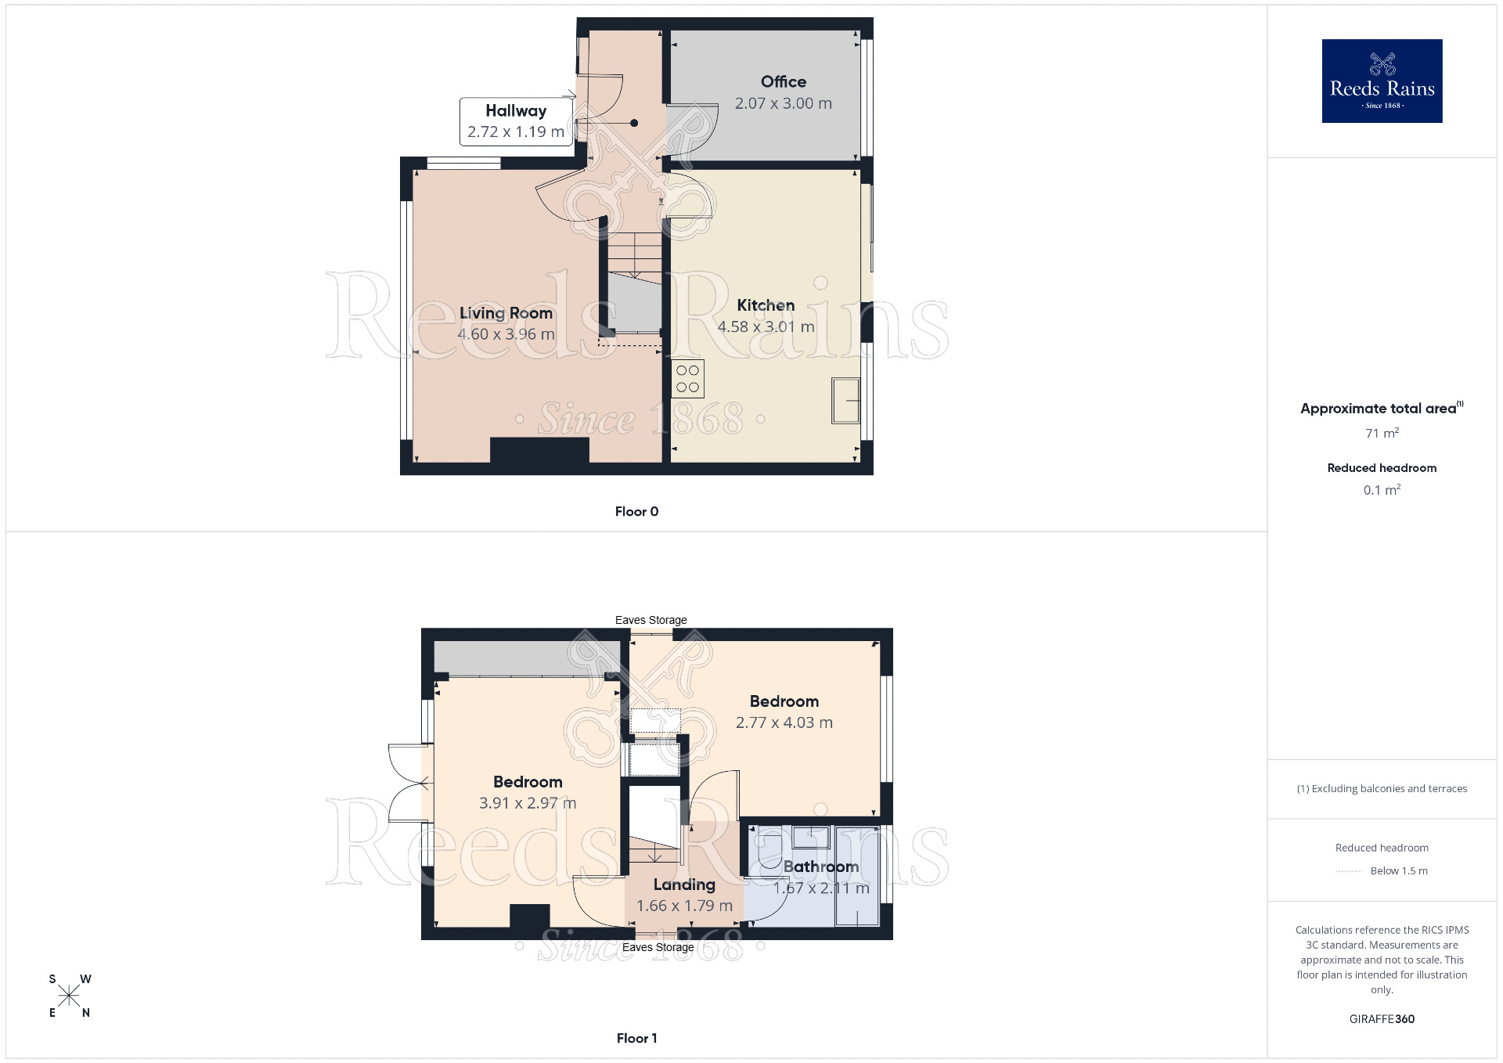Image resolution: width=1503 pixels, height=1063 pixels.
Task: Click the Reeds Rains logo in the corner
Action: pyautogui.click(x=1382, y=81)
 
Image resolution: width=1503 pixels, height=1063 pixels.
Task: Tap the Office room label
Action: pyautogui.click(x=783, y=81)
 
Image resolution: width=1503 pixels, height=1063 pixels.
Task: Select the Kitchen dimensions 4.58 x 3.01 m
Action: pyautogui.click(x=766, y=326)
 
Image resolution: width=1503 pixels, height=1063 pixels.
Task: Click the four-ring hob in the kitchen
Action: pyautogui.click(x=687, y=379)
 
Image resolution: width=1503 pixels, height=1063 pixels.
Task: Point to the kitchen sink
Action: pyautogui.click(x=845, y=400)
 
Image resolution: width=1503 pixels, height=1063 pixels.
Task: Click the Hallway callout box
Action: pyautogui.click(x=515, y=121)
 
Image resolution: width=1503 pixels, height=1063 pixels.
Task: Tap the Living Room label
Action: pyautogui.click(x=506, y=313)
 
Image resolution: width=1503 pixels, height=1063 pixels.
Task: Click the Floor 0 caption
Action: pyautogui.click(x=636, y=511)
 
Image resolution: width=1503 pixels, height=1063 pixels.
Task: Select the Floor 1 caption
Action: pyautogui.click(x=636, y=1038)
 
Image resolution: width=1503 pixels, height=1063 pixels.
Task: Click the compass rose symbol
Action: pyautogui.click(x=69, y=996)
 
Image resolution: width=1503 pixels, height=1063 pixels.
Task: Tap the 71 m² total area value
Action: pyautogui.click(x=1382, y=433)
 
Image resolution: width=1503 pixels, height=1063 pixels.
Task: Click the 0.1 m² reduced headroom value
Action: pyautogui.click(x=1382, y=490)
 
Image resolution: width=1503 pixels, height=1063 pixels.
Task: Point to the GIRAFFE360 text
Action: pyautogui.click(x=1382, y=1018)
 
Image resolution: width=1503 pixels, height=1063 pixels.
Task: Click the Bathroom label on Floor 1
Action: pyautogui.click(x=820, y=867)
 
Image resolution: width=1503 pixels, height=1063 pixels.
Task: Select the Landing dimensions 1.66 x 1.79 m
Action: pyautogui.click(x=684, y=906)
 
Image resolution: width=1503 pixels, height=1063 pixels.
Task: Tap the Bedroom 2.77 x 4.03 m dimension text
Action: pyautogui.click(x=784, y=722)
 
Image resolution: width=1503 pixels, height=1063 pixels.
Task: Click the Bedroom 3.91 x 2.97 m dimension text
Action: pyautogui.click(x=528, y=803)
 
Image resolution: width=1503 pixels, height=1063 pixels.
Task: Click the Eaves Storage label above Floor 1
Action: pyautogui.click(x=651, y=620)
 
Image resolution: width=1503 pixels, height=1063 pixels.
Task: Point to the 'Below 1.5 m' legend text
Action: pyautogui.click(x=1398, y=870)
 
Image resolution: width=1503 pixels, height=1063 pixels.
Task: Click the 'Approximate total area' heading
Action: pyautogui.click(x=1378, y=409)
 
